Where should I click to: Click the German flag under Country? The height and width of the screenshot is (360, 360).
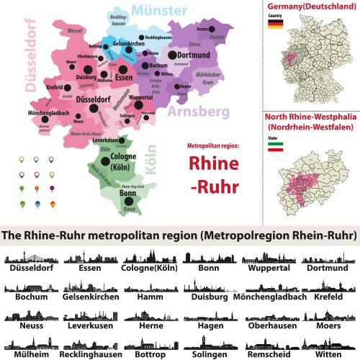coord(274,24)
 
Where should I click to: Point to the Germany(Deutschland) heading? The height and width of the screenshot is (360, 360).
coord(310,6)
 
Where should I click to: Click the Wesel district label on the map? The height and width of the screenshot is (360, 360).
coord(73,32)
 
